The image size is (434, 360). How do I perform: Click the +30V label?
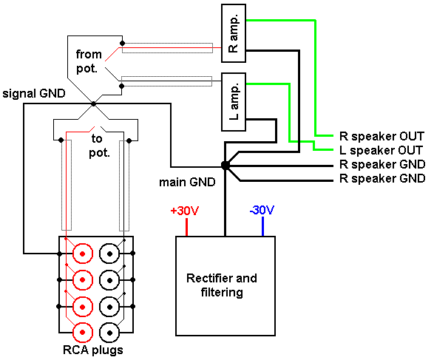click(185, 211)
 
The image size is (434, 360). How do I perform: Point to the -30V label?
click(262, 210)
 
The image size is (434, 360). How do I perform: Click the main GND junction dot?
click(226, 166)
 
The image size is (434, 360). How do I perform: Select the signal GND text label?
click(34, 94)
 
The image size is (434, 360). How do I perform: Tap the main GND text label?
click(187, 182)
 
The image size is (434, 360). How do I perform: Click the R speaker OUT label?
click(382, 136)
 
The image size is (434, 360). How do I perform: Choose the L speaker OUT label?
click(381, 150)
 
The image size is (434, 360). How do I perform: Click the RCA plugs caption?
click(93, 350)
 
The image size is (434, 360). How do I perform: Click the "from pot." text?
click(89, 61)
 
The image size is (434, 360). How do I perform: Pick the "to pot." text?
click(99, 146)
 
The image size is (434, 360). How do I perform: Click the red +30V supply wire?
click(186, 227)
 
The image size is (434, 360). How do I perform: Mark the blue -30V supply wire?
click(262, 227)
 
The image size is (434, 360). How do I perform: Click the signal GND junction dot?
click(94, 104)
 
